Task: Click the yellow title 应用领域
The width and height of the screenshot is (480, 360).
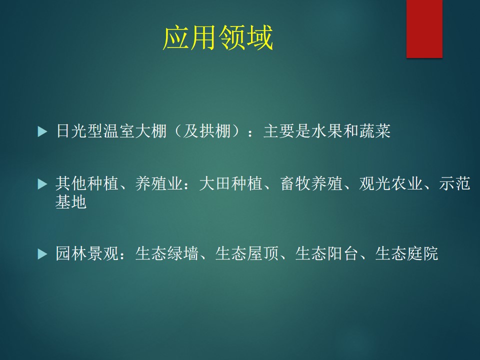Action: point(217,37)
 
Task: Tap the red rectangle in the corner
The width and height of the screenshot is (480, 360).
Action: point(424,28)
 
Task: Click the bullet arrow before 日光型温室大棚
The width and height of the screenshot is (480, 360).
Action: point(42,131)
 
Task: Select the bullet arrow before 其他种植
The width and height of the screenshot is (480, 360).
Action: point(42,184)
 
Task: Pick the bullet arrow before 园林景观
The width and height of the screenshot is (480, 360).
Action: point(42,254)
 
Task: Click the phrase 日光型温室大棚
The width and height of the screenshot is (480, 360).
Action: point(111,131)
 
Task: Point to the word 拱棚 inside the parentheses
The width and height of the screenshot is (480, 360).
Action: point(215,131)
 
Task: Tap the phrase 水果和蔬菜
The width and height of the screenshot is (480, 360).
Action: point(350,131)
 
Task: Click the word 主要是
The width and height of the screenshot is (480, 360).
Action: point(287,131)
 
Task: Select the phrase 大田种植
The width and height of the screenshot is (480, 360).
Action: point(231,183)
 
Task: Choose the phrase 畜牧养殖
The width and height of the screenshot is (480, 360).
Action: point(311,183)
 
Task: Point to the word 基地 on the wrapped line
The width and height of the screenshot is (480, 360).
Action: point(71,201)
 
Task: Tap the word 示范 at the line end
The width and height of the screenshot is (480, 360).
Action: point(454,183)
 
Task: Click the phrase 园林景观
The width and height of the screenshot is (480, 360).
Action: point(87,253)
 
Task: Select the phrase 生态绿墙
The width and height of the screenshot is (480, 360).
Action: point(167,253)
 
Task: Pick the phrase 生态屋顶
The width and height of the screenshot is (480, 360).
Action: point(246,253)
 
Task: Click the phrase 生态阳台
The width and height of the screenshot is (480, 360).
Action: point(326,253)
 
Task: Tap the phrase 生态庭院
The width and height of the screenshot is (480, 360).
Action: point(406,253)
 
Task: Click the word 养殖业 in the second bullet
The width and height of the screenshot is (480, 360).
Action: point(159,183)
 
